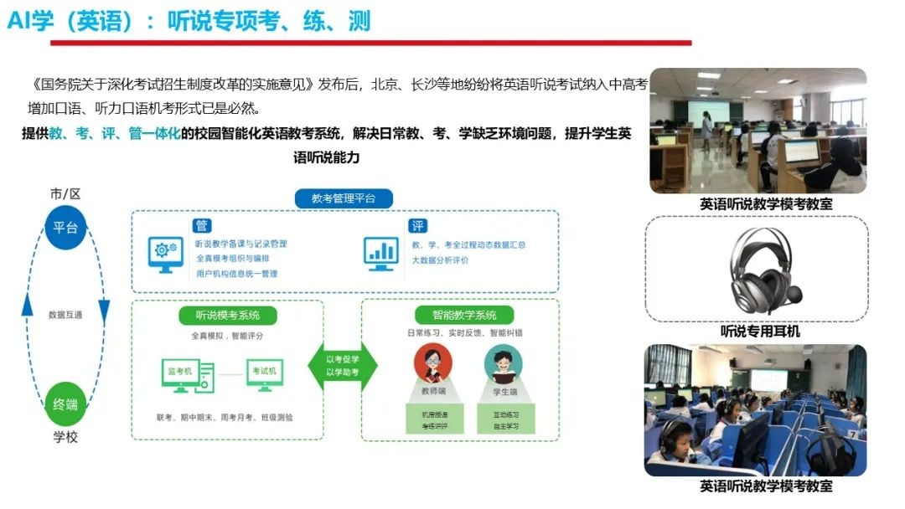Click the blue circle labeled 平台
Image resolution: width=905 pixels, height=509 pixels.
(x=65, y=228)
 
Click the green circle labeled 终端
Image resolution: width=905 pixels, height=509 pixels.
(x=65, y=404)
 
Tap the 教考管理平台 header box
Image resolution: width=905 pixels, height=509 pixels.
(x=344, y=198)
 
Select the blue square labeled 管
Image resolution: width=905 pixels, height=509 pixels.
(x=202, y=225)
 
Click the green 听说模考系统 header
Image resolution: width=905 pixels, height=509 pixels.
(x=227, y=316)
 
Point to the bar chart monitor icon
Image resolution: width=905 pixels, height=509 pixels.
(x=381, y=252)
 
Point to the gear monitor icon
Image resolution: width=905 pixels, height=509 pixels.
(x=165, y=253)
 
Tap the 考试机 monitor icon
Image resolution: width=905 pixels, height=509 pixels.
(x=266, y=373)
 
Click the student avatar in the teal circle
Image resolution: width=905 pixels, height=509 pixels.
(x=503, y=362)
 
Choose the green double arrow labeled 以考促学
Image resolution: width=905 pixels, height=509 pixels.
(x=343, y=365)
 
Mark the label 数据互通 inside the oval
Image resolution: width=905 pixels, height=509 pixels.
(x=65, y=315)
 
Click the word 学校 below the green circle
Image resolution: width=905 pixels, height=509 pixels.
(x=65, y=438)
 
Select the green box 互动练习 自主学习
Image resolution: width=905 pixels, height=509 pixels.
(x=503, y=419)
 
